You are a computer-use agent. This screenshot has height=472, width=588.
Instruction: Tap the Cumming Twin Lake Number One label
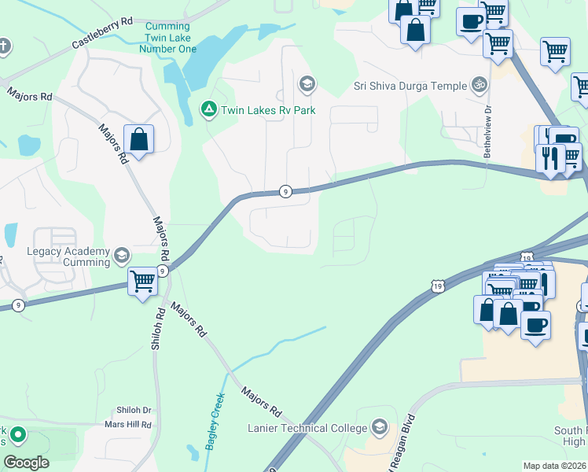pyautogui.click(x=167, y=38)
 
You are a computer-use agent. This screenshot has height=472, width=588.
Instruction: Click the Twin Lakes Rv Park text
pyautogui.click(x=268, y=110)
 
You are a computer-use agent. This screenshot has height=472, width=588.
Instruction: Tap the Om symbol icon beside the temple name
pyautogui.click(x=478, y=84)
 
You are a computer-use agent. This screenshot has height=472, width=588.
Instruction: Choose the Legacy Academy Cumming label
pyautogui.click(x=71, y=256)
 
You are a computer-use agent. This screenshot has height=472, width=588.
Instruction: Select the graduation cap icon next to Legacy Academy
pyautogui.click(x=122, y=255)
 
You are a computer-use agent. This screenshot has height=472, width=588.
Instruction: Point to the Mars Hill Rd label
pyautogui.click(x=128, y=425)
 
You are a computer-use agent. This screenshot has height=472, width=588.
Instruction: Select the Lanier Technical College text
pyautogui.click(x=307, y=428)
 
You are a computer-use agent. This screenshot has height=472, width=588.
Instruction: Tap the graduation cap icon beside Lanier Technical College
pyautogui.click(x=379, y=427)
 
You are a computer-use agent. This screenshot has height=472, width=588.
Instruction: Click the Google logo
pyautogui.click(x=26, y=462)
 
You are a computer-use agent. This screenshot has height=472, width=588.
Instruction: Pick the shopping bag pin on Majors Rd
pyautogui.click(x=138, y=140)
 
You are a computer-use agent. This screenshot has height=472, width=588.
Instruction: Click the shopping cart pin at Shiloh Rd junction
pyautogui.click(x=142, y=281)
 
